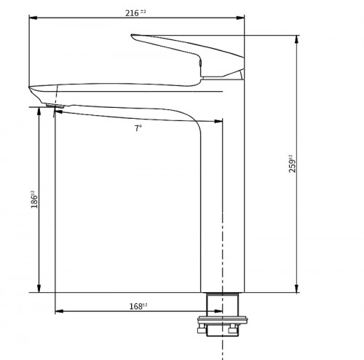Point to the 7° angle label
click(x=138, y=128)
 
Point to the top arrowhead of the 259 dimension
click(x=296, y=38)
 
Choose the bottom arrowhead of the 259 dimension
click(x=296, y=290)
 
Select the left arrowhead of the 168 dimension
click(x=59, y=311)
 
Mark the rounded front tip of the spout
click(x=32, y=90)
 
